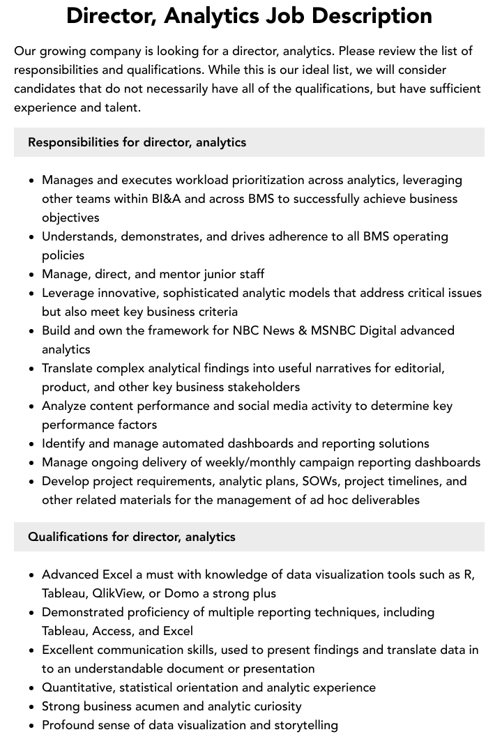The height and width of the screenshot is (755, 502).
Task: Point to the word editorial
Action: click(418, 368)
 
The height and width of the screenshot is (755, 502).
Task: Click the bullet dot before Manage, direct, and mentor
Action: click(31, 275)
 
